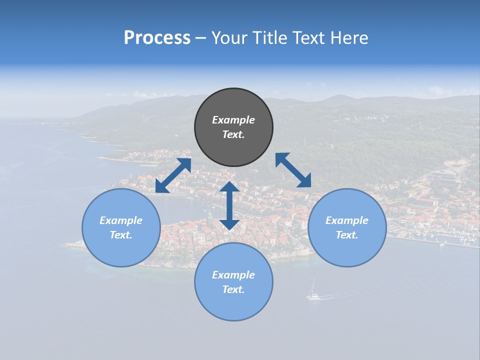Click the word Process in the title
(x=157, y=38)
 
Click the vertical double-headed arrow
(x=229, y=205)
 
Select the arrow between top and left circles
(x=173, y=175)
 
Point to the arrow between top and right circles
(x=293, y=170)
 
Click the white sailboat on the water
(x=313, y=292)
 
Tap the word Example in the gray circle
(x=233, y=120)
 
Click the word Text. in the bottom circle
(x=233, y=289)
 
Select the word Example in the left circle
(x=121, y=220)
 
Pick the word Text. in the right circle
(x=347, y=235)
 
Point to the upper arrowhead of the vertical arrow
(x=229, y=187)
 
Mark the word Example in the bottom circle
(x=233, y=275)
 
